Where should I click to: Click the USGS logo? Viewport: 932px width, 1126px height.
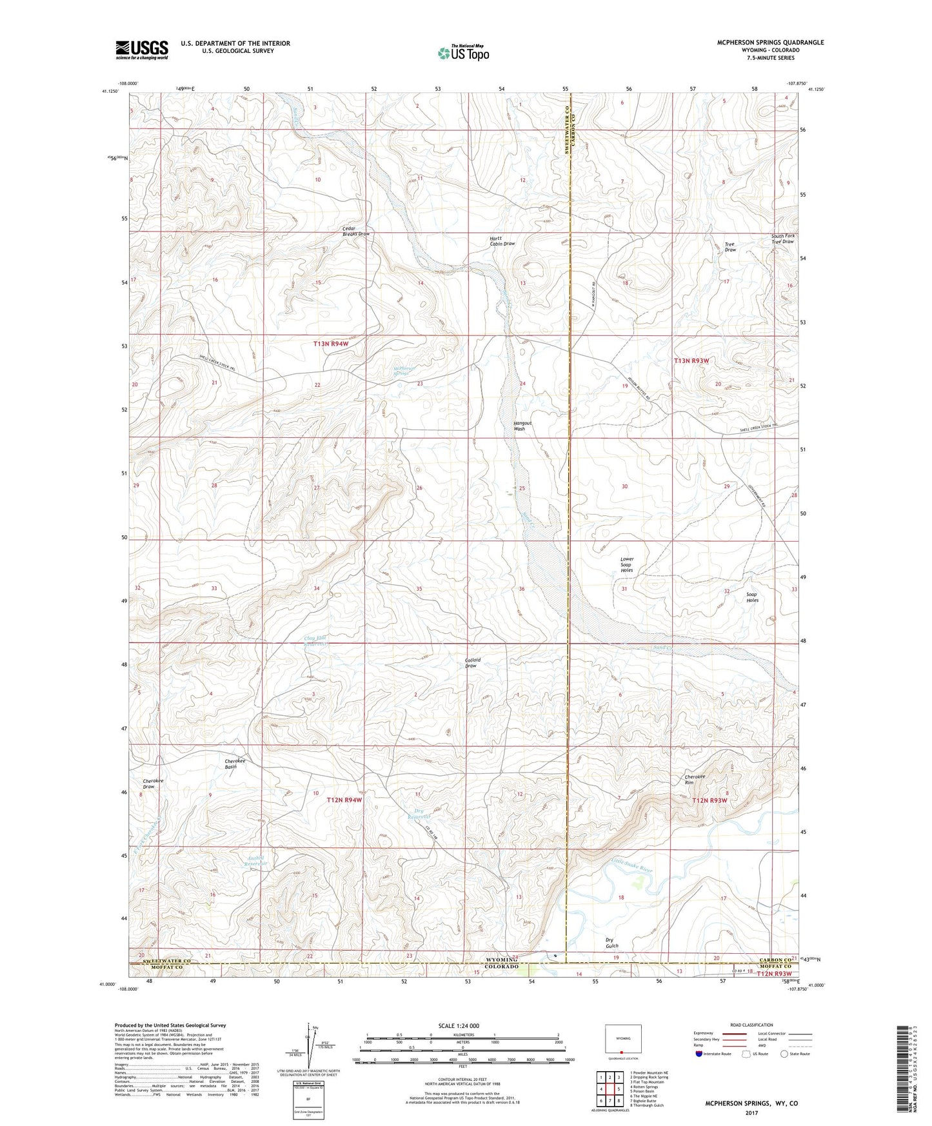[142, 50]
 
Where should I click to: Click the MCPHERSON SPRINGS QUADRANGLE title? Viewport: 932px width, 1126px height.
[770, 43]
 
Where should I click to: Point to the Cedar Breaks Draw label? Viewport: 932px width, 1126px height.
[355, 232]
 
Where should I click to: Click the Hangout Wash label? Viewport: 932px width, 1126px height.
[519, 426]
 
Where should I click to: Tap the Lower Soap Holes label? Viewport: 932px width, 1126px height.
[626, 565]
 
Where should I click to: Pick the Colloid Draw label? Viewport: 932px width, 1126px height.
[472, 663]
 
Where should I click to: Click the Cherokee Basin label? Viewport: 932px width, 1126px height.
[230, 764]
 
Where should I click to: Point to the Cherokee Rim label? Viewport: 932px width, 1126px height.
[695, 780]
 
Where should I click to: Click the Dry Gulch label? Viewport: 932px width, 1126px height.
[612, 943]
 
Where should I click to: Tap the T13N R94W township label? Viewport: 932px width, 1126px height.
[330, 344]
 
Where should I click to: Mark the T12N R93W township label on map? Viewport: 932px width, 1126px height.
[709, 800]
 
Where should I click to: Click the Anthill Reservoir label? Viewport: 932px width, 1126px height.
[257, 861]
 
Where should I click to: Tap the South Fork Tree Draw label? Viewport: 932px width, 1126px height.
[783, 239]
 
